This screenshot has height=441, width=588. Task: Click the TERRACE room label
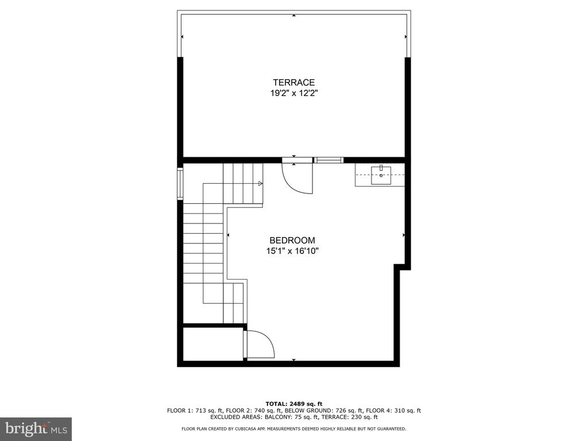(x=293, y=83)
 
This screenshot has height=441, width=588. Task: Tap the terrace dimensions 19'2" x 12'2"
(x=294, y=93)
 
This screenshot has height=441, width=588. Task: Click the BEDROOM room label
(x=292, y=241)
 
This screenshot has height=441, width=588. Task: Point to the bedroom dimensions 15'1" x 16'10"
(x=292, y=251)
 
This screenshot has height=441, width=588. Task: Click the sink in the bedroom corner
(x=381, y=176)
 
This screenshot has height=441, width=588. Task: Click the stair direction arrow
(x=260, y=183)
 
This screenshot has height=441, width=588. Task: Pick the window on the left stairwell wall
(x=180, y=184)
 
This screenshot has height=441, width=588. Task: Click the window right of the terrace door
(x=328, y=160)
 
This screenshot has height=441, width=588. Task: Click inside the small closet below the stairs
(x=212, y=344)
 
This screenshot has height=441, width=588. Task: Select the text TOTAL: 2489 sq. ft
(x=294, y=404)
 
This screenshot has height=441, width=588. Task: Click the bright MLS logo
(x=36, y=428)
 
